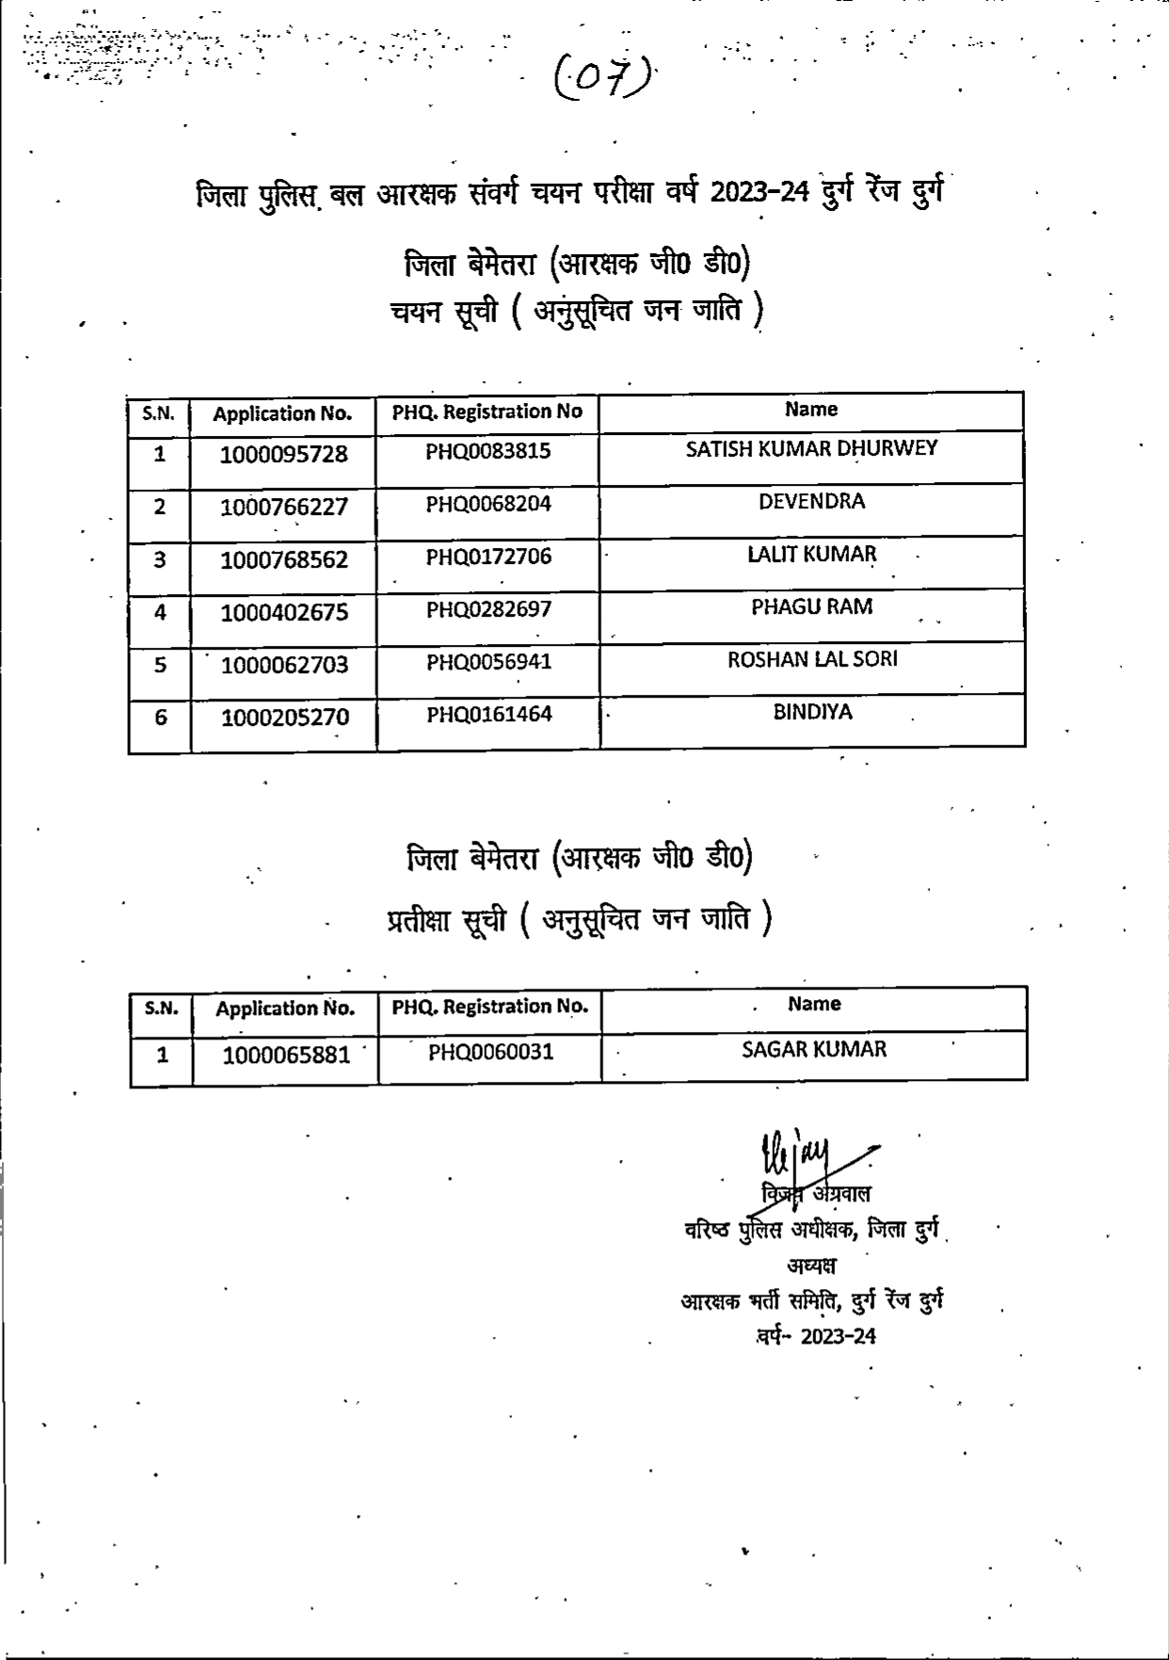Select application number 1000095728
pyautogui.click(x=283, y=455)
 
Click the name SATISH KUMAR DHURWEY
pyautogui.click(x=811, y=449)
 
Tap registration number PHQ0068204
pyautogui.click(x=488, y=504)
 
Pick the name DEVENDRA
pyautogui.click(x=811, y=502)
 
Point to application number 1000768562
pyautogui.click(x=283, y=560)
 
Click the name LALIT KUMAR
pyautogui.click(x=811, y=555)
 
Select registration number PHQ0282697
pyautogui.click(x=488, y=609)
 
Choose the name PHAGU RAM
pyautogui.click(x=811, y=607)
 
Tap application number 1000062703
pyautogui.click(x=283, y=666)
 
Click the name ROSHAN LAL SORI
pyautogui.click(x=811, y=660)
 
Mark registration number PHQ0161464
pyautogui.click(x=488, y=715)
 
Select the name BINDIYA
pyautogui.click(x=811, y=713)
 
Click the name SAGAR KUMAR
pyautogui.click(x=813, y=1050)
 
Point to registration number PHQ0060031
pyautogui.click(x=490, y=1052)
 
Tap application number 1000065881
pyautogui.click(x=285, y=1056)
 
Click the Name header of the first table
pyautogui.click(x=810, y=410)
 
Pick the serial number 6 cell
pyautogui.click(x=160, y=718)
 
